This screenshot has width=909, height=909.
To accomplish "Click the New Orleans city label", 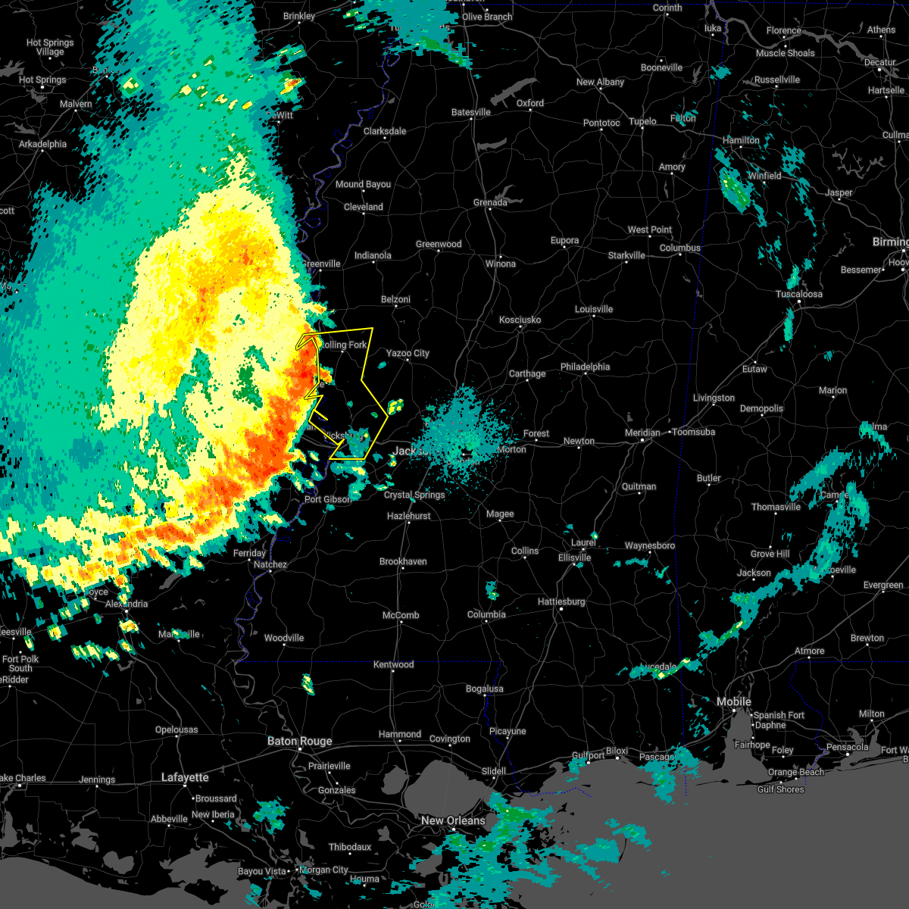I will (x=453, y=820).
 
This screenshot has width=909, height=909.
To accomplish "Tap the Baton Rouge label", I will (x=299, y=741).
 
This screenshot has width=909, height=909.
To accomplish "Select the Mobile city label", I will (x=733, y=702).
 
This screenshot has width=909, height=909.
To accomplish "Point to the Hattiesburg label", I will (x=561, y=601).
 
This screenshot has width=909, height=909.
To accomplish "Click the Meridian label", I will (x=642, y=433).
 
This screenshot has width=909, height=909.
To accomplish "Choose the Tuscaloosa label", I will (x=799, y=294).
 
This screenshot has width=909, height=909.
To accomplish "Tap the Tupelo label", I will (x=642, y=121).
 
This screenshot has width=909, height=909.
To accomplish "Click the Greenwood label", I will (x=439, y=244).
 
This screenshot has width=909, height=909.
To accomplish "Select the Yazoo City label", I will (x=408, y=353).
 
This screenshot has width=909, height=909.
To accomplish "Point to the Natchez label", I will (x=270, y=564).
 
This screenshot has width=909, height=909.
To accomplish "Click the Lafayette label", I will (x=186, y=777).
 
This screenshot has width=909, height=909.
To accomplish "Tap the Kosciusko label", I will (x=520, y=320).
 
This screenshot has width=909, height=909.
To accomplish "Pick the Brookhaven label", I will (x=403, y=561).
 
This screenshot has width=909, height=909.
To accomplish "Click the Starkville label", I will (x=626, y=255).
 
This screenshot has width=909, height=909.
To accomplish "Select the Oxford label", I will (x=530, y=103).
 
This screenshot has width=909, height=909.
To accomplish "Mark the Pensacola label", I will (x=847, y=747).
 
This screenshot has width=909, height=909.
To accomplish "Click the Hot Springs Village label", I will (x=50, y=47).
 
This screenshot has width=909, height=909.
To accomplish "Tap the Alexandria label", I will (x=127, y=604).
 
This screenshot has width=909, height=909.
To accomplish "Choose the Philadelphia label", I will (x=585, y=367).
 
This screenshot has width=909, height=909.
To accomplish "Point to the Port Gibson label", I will (x=328, y=499).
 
